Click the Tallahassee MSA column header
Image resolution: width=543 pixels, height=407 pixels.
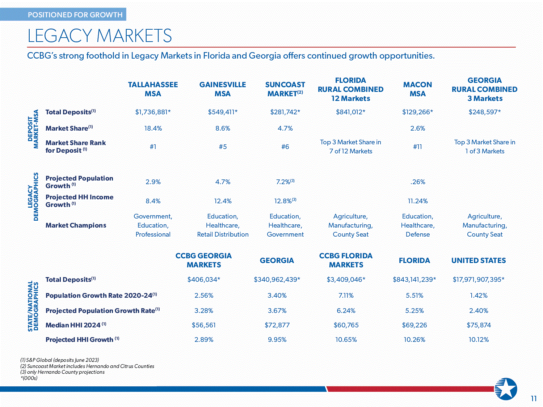(x=153, y=89)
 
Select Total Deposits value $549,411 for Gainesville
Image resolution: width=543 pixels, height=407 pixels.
(x=222, y=112)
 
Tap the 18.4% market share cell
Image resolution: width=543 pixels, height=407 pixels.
(x=153, y=128)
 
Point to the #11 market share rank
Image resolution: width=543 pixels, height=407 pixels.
(x=417, y=147)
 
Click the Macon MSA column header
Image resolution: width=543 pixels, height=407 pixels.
(x=417, y=89)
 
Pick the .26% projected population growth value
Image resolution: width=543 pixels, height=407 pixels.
(x=417, y=182)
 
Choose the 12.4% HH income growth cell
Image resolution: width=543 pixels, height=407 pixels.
(x=223, y=201)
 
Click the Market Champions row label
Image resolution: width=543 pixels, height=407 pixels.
(x=76, y=225)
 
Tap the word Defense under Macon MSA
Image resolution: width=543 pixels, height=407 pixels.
(x=417, y=234)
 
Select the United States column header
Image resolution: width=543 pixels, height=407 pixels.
(x=478, y=260)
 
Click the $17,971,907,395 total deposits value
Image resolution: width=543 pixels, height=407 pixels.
(x=478, y=280)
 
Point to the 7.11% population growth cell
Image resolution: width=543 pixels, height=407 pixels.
(x=346, y=296)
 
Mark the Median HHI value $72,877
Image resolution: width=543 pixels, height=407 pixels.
(x=277, y=325)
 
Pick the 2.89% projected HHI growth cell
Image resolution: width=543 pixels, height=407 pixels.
(x=204, y=340)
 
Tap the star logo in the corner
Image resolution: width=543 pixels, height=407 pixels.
(x=506, y=389)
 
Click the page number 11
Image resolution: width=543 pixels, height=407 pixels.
(x=534, y=399)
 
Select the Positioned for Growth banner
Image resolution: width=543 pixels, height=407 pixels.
(x=75, y=15)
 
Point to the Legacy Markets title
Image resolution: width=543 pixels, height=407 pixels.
(x=100, y=36)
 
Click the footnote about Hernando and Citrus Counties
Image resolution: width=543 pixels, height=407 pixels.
(x=87, y=366)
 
